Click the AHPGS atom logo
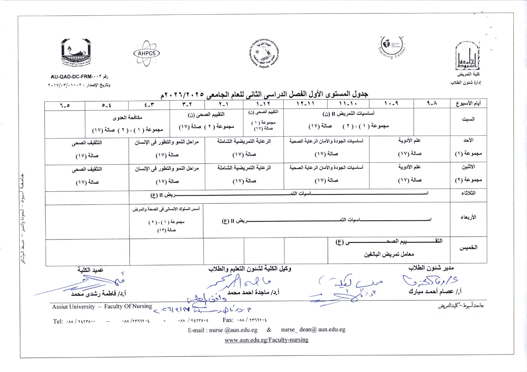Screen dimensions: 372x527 click(x=147, y=53)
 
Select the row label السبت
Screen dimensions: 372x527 click(x=468, y=119)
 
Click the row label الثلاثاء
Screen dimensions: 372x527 click(x=468, y=193)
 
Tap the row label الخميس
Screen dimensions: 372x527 click(x=468, y=247)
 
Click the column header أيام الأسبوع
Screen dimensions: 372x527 click(x=468, y=104)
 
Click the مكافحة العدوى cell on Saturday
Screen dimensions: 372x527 click(x=127, y=118)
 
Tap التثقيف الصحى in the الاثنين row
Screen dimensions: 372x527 click(x=87, y=169)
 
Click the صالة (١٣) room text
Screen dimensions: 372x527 click(x=166, y=230)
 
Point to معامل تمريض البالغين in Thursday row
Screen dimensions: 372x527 click(x=389, y=254)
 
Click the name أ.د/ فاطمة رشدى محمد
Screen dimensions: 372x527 click(x=98, y=294)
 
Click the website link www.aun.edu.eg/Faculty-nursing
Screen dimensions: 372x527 click(x=266, y=340)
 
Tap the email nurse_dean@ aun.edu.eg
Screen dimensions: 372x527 click(x=313, y=329)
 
